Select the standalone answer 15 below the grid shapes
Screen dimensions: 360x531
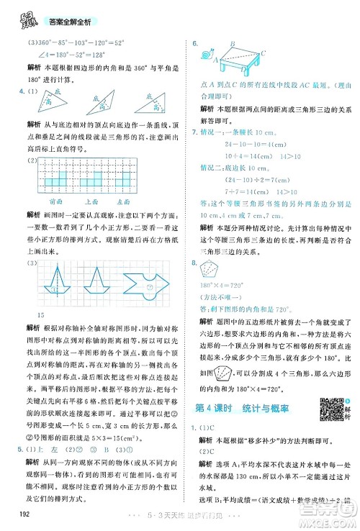click(40, 317)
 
